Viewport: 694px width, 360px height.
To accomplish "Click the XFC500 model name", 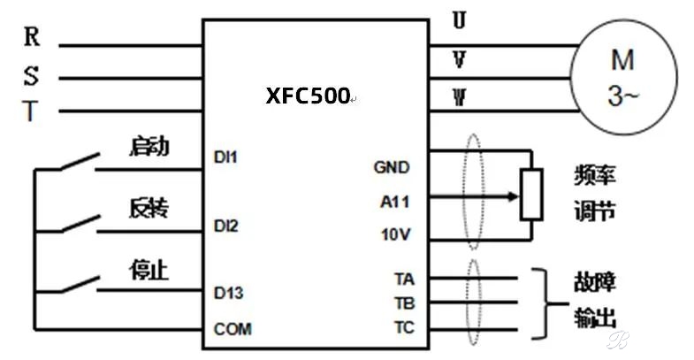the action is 308,96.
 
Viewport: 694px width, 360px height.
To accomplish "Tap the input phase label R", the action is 32,36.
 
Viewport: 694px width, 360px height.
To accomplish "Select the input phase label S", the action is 31,76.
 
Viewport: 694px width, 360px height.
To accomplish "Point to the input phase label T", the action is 30,111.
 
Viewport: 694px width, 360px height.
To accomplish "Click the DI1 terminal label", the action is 225,157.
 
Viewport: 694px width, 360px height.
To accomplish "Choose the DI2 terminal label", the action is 226,226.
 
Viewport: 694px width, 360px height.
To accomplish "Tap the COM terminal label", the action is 233,329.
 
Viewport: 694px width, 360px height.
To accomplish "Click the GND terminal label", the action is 392,167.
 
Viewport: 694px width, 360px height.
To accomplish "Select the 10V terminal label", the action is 396,234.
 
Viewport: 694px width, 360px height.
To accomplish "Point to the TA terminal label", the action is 405,280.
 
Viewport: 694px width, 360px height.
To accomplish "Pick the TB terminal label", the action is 405,303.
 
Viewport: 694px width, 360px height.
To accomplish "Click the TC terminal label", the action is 405,327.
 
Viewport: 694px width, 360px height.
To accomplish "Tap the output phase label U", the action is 460,20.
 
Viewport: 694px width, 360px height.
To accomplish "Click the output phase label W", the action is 460,97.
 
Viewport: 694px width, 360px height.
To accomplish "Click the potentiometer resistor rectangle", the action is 531,195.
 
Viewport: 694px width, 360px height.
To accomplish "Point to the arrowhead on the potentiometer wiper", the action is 514,196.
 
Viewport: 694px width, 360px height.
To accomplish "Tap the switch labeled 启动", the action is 80,162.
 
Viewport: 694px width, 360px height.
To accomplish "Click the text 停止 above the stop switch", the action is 149,270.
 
